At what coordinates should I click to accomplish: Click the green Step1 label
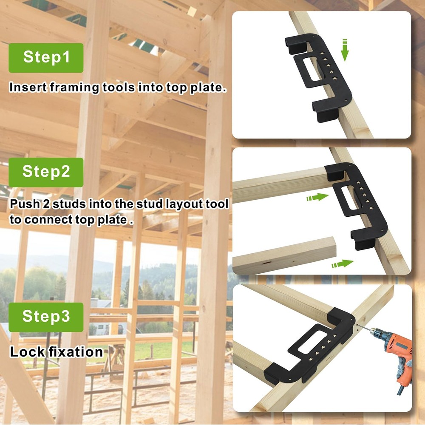click(46, 57)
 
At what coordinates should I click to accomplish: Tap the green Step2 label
click(46, 172)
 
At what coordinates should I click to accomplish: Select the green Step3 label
click(46, 317)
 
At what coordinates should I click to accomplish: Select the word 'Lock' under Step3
click(24, 352)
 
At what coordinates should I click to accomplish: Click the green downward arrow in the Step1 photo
click(345, 50)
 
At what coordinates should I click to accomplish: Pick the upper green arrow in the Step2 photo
click(317, 197)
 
